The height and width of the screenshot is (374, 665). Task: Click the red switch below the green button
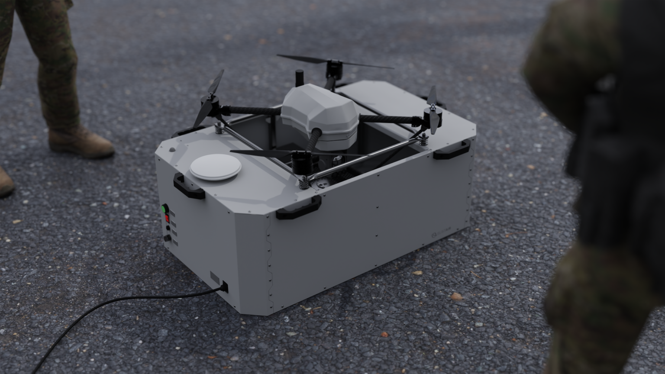pos(167,218)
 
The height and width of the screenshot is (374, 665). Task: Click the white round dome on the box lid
pos(215,167)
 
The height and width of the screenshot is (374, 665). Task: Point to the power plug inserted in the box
pos(225,287)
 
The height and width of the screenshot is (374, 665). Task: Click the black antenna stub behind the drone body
pos(299,79)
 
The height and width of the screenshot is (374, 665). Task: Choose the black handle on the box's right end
pos(451,150)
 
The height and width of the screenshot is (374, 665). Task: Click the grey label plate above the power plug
pos(215,277)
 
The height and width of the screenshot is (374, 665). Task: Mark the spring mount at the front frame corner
pos(304,182)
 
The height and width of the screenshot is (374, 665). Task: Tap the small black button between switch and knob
pos(168,228)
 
